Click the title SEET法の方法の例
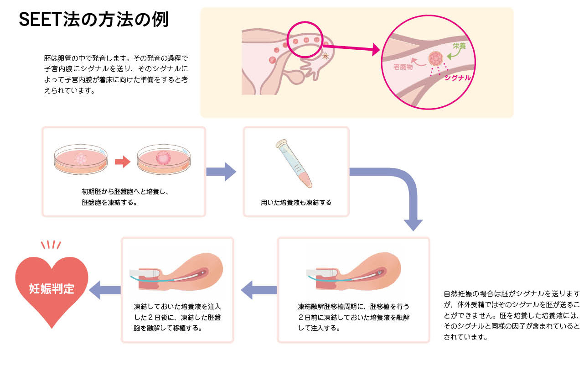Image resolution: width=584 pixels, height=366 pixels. [93, 20]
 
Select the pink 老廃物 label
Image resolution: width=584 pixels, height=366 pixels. [403, 67]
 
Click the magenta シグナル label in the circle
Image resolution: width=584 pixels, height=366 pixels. [457, 78]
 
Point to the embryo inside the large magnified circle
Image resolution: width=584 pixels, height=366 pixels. [435, 58]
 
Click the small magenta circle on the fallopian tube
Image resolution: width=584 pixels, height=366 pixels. [305, 41]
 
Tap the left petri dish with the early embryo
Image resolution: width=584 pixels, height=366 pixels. [81, 159]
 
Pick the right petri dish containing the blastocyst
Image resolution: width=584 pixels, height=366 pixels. [163, 159]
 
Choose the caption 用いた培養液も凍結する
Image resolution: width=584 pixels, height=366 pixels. [296, 202]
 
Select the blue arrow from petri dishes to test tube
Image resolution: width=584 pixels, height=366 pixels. [221, 172]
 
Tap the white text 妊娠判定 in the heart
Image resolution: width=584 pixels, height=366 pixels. [52, 289]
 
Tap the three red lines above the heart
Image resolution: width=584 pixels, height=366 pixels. [51, 245]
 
